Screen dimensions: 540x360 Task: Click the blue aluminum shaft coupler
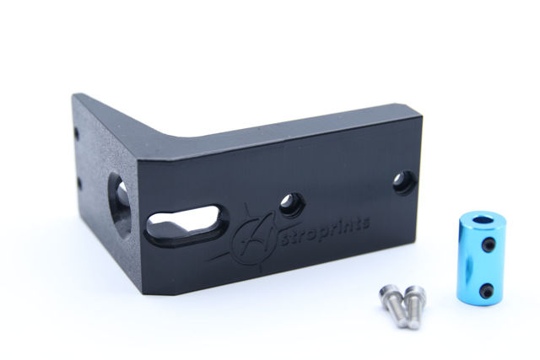tap(478, 260)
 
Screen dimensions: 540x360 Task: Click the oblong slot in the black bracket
tap(186, 224)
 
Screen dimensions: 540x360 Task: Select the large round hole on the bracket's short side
tap(120, 206)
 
